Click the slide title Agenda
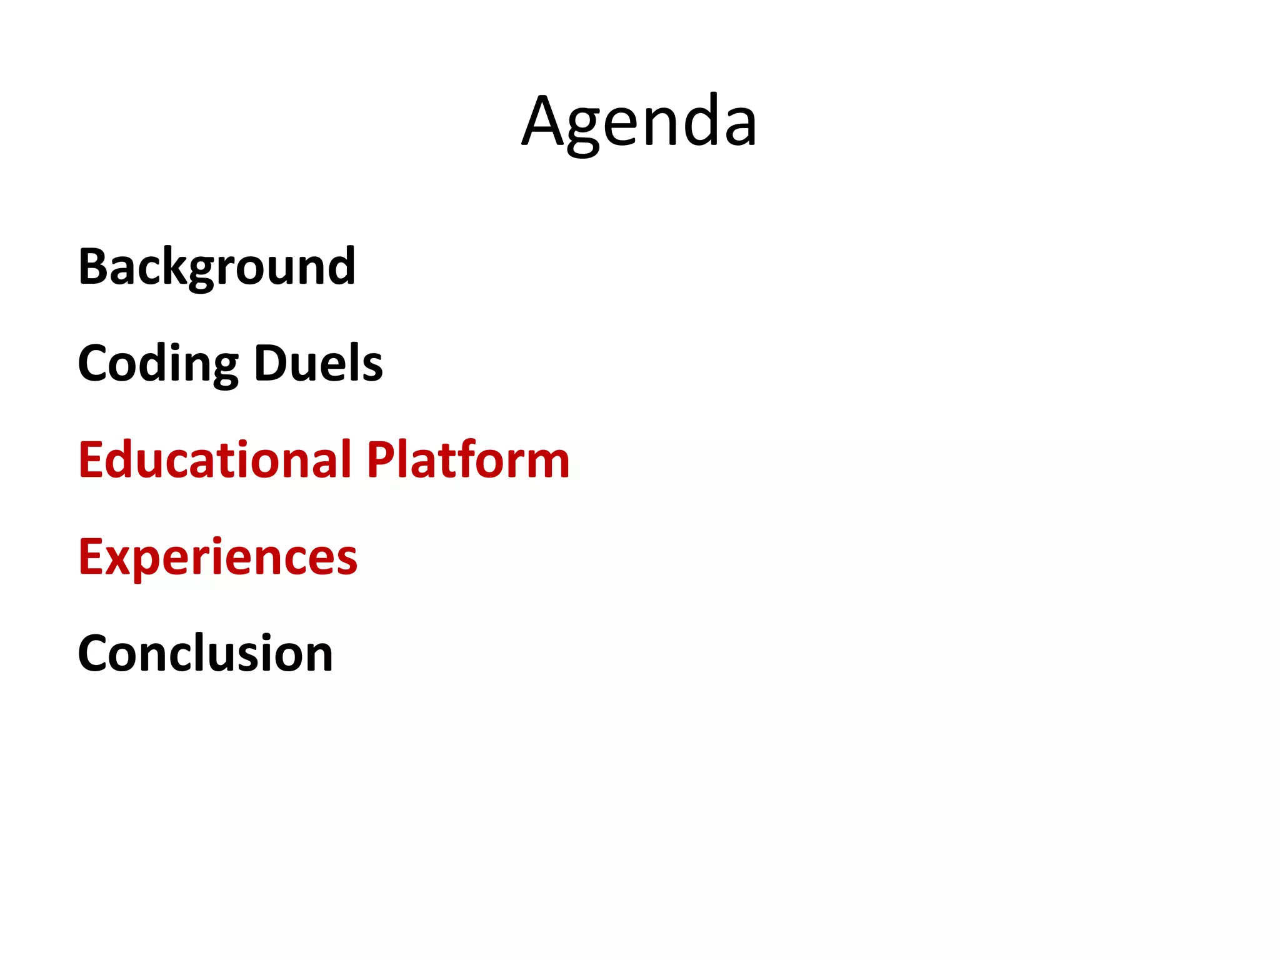pos(639,122)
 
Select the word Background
pos(217,267)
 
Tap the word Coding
pos(158,364)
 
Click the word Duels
pos(319,364)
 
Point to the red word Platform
pos(468,460)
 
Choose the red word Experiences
pos(217,557)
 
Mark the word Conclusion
pos(206,654)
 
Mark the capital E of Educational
pos(91,460)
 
